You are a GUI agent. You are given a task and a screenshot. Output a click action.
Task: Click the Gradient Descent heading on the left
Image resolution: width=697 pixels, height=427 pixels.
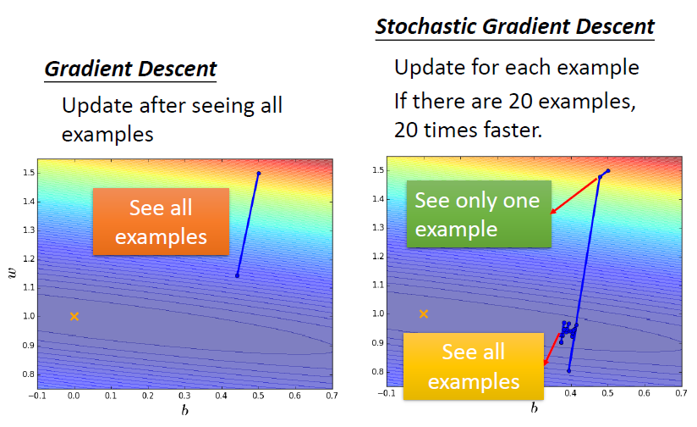pos(130,69)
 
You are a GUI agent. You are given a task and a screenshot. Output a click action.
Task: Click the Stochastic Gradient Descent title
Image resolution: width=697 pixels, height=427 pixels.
pos(515,27)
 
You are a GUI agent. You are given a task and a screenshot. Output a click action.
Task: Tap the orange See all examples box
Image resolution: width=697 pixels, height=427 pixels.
pos(161,222)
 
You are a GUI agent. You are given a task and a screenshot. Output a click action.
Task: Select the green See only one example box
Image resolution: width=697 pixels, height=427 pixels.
pos(479,213)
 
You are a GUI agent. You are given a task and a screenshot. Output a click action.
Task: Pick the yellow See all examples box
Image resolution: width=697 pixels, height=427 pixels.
pos(474,366)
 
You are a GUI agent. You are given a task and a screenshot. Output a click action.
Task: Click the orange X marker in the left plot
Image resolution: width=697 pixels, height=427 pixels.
pos(74,317)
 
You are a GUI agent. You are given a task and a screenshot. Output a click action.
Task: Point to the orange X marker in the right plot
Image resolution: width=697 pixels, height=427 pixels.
pos(424,314)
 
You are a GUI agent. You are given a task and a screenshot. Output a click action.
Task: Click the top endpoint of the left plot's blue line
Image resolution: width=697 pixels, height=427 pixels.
pos(259,173)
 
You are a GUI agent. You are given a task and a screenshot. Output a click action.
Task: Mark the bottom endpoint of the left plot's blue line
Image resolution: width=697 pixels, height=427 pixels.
pos(238,275)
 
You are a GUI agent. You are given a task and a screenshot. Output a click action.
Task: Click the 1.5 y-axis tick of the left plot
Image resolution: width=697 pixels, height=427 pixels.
pos(29,173)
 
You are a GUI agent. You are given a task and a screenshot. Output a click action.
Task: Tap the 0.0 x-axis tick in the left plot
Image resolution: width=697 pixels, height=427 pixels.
pos(74,396)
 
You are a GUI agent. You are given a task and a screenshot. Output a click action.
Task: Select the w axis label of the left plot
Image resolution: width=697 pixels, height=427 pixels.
pos(12,273)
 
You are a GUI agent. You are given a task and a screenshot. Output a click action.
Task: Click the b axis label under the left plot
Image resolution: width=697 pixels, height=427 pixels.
pos(185,410)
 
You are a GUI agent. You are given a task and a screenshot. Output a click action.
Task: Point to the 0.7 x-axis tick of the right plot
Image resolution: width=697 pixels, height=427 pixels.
pos(682,393)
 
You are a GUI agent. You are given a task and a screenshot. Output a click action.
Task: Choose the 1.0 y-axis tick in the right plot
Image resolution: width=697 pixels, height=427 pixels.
pos(378,313)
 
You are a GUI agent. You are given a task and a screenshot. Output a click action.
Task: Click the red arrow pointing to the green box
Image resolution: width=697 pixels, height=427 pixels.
pos(574,196)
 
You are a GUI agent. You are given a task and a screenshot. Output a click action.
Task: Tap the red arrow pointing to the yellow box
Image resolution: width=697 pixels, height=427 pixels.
pos(552,350)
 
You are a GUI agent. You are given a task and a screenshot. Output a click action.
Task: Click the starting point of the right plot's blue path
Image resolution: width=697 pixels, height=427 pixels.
pos(608,170)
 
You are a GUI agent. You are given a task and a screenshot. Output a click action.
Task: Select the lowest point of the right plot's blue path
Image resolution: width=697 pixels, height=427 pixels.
pos(568,370)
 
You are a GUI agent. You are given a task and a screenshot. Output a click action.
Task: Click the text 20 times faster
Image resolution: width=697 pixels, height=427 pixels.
pos(468,130)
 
